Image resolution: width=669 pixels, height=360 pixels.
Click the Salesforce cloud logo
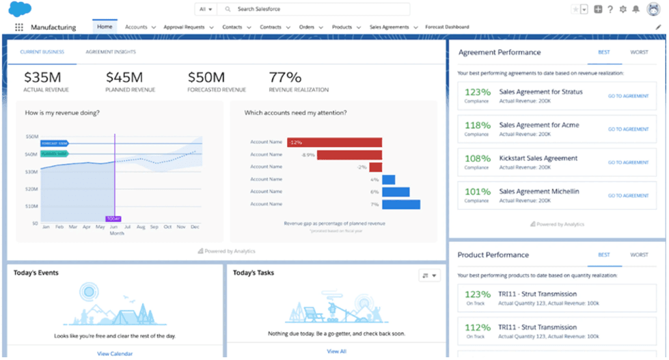pyautogui.click(x=21, y=10)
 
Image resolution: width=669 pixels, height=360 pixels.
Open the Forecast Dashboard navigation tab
pyautogui.click(x=447, y=27)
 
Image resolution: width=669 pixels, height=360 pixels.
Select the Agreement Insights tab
pyautogui.click(x=110, y=52)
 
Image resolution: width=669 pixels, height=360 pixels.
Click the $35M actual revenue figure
pyautogui.click(x=42, y=77)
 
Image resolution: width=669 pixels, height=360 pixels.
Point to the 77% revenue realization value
pyautogui.click(x=285, y=77)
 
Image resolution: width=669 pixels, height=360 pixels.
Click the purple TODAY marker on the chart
pyautogui.click(x=113, y=219)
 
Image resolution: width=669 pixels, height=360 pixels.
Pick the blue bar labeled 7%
pyautogui.click(x=401, y=204)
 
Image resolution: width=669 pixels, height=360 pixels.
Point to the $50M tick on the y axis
pyautogui.click(x=31, y=137)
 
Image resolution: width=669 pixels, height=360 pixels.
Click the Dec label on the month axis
pyautogui.click(x=195, y=226)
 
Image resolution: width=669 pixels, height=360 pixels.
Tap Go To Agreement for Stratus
pyautogui.click(x=628, y=96)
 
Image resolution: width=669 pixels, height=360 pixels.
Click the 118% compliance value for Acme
pyautogui.click(x=478, y=126)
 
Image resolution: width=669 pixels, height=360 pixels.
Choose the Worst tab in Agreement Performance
pyautogui.click(x=639, y=52)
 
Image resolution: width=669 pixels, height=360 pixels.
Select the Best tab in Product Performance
pyautogui.click(x=604, y=255)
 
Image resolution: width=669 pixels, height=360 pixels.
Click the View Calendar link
pyautogui.click(x=114, y=353)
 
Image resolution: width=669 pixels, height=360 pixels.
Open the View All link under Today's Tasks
pyautogui.click(x=336, y=351)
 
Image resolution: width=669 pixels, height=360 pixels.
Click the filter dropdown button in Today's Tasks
pyautogui.click(x=430, y=275)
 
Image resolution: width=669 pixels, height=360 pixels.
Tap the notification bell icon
pyautogui.click(x=636, y=10)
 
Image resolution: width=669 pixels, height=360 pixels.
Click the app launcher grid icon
pyautogui.click(x=19, y=27)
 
